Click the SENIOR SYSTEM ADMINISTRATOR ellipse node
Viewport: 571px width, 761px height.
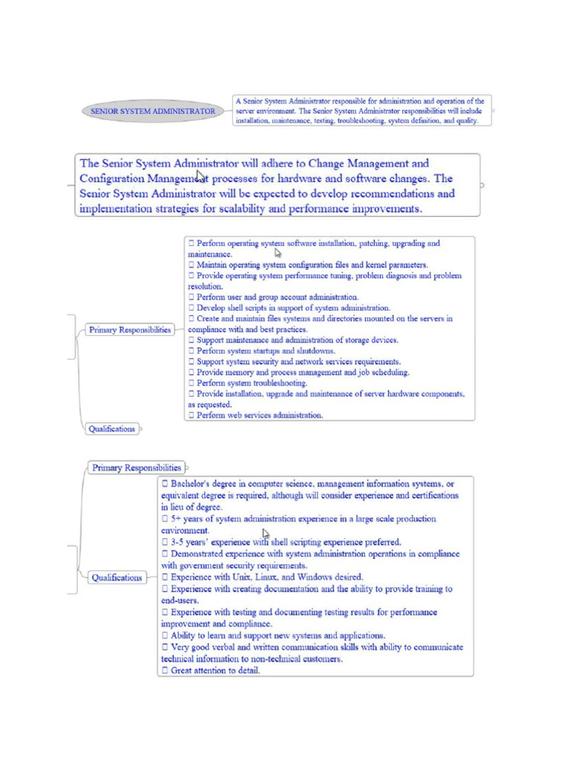coord(152,111)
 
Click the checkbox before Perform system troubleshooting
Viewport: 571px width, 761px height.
coord(191,383)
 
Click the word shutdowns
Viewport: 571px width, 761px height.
coord(314,351)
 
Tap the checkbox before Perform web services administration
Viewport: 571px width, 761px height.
coord(191,415)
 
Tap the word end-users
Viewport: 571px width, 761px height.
coord(178,600)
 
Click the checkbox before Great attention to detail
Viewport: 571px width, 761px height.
coord(165,670)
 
